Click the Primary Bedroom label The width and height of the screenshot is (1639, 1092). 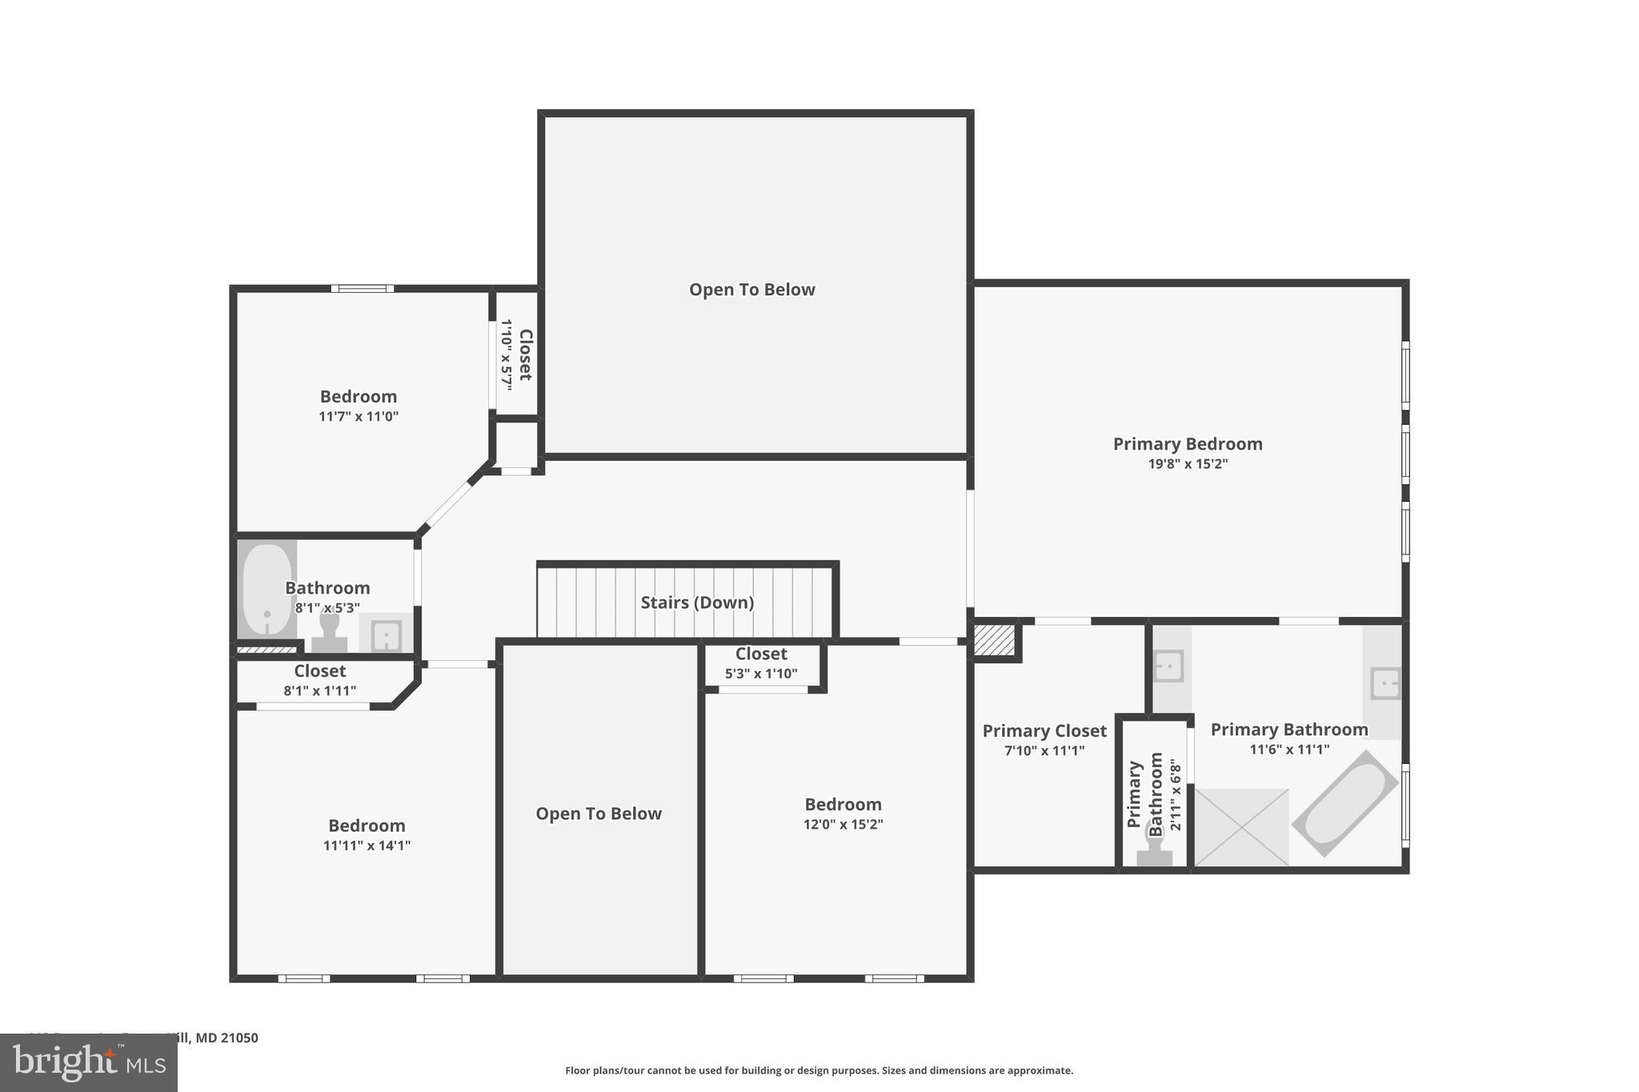click(x=1187, y=444)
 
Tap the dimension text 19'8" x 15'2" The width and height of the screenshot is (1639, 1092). click(x=1187, y=464)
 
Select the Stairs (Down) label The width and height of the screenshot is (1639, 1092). click(x=697, y=602)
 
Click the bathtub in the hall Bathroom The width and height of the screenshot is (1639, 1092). click(x=266, y=590)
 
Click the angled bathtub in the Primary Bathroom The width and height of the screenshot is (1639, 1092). click(x=1344, y=803)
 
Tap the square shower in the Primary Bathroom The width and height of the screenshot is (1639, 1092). click(x=1241, y=827)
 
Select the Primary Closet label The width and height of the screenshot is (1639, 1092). click(x=1044, y=730)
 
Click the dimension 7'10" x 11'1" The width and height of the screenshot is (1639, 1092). click(x=1044, y=750)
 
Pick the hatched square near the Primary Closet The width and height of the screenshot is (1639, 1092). click(x=994, y=640)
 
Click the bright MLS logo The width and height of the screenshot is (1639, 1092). click(x=88, y=1062)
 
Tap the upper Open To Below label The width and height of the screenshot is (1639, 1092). click(x=751, y=290)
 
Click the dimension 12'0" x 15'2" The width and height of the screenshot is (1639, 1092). click(x=843, y=825)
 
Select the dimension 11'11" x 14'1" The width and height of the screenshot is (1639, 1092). click(x=367, y=846)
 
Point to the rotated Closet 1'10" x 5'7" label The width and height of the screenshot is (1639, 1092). click(x=516, y=354)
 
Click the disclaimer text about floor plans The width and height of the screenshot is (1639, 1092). click(x=819, y=1070)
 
